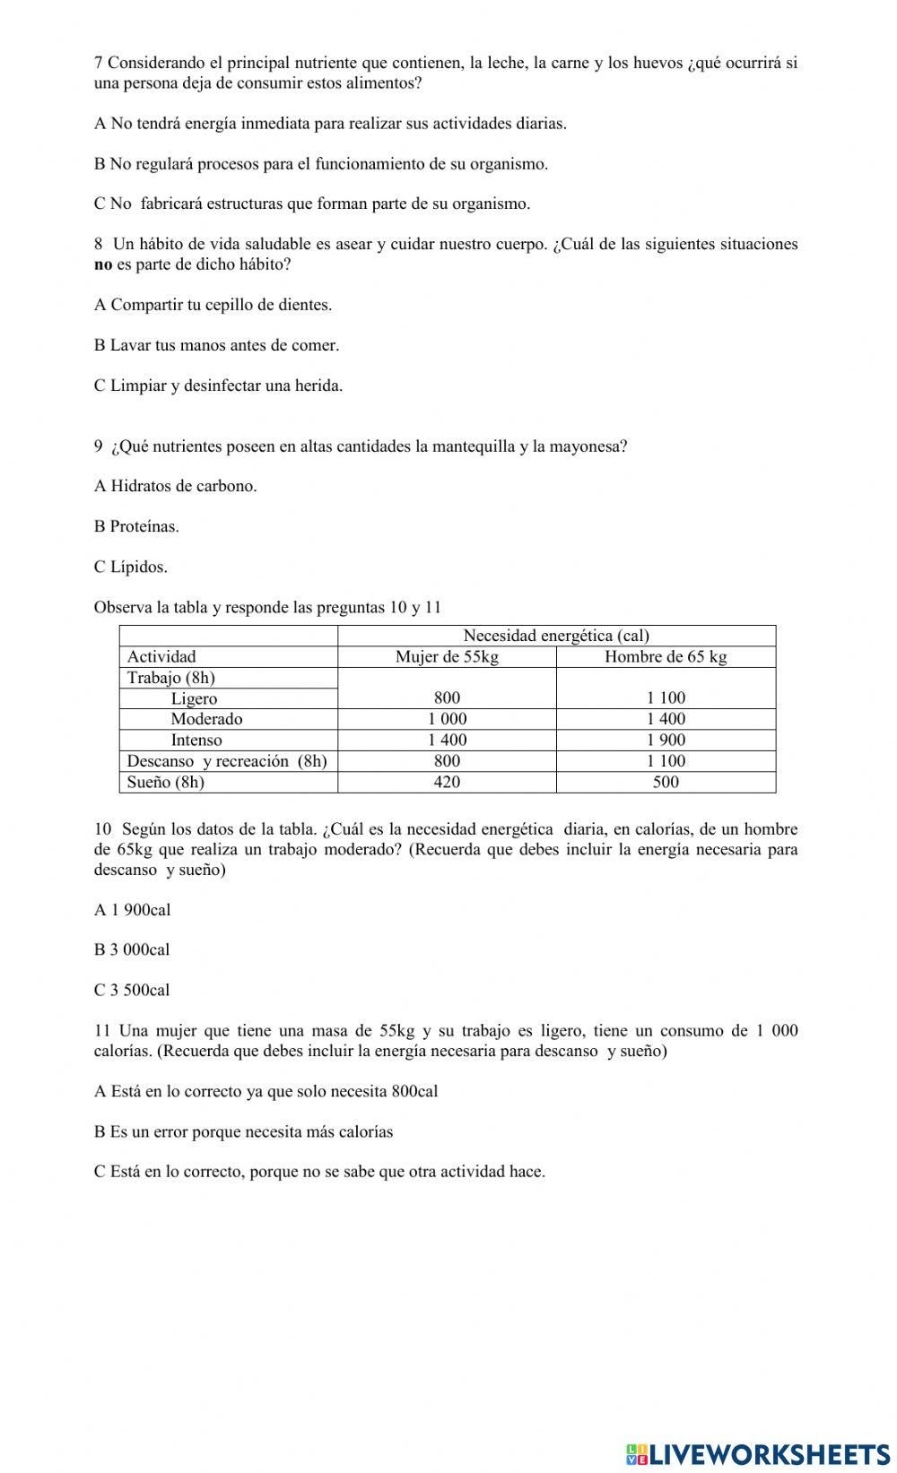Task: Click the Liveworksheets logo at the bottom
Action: pos(758,1453)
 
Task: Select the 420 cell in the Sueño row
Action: pos(447,783)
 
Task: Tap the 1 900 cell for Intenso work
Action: pos(666,741)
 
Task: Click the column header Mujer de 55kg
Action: pos(447,657)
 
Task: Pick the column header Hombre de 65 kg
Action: pos(666,657)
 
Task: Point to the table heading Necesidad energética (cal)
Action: pos(556,636)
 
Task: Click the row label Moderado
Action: pos(206,719)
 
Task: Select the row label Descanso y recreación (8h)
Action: pos(227,761)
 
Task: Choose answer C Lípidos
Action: pos(131,567)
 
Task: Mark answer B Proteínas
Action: pos(136,526)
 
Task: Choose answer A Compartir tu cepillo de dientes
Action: pos(213,305)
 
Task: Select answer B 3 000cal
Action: pos(132,949)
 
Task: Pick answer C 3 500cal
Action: pos(132,990)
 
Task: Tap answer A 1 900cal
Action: pos(132,910)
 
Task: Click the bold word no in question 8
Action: pos(103,264)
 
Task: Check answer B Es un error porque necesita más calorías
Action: pos(243,1131)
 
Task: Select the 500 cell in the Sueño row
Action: pos(666,783)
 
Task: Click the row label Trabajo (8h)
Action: pos(170,678)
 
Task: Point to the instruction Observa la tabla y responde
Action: pos(267,607)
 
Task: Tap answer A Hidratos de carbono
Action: pos(175,486)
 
